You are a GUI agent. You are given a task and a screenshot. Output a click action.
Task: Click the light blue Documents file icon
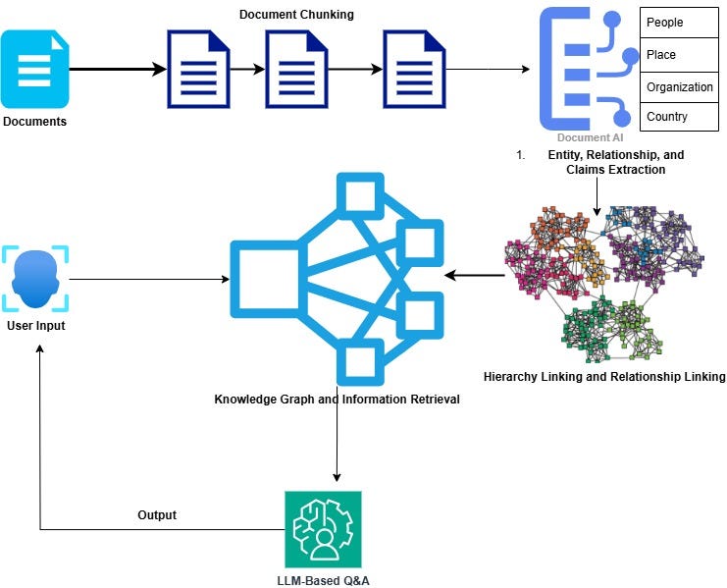click(x=35, y=68)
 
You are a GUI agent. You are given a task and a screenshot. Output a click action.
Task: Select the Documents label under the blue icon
click(x=35, y=122)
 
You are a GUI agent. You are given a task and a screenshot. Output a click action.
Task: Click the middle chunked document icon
click(x=297, y=70)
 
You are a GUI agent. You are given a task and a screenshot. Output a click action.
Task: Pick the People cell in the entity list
click(x=677, y=23)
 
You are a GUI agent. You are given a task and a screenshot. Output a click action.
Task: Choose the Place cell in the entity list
click(x=677, y=55)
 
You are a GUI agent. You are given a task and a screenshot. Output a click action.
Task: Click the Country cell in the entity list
click(x=677, y=117)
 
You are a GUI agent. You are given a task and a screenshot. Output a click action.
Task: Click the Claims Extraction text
click(x=615, y=170)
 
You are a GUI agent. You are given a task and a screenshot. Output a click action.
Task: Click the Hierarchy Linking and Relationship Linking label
click(x=604, y=377)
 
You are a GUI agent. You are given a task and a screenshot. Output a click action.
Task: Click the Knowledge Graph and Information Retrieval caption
click(x=337, y=400)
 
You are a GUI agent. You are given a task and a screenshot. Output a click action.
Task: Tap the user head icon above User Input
click(x=35, y=279)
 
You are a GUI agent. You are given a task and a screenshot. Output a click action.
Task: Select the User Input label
click(x=35, y=326)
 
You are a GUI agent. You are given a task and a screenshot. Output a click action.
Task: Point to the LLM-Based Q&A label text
click(x=323, y=580)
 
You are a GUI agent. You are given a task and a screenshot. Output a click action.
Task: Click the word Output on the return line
click(x=158, y=515)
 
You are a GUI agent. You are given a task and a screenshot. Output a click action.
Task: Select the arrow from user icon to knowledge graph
click(x=147, y=280)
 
